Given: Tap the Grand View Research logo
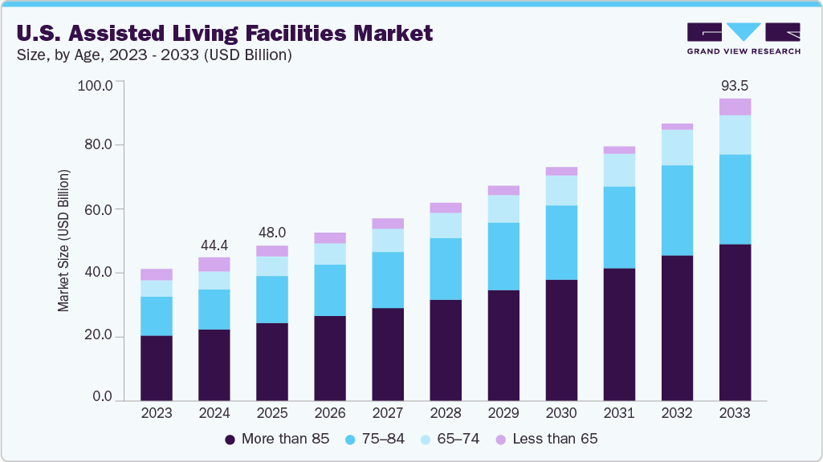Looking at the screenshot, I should click(x=744, y=38).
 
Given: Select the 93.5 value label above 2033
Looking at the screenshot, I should click(x=735, y=86).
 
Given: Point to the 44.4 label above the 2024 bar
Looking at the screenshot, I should click(x=214, y=244).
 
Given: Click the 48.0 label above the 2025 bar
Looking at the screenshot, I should click(x=272, y=233).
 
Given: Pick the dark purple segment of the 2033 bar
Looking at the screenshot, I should click(x=735, y=322).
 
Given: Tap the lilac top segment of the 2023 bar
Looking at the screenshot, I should click(x=157, y=274).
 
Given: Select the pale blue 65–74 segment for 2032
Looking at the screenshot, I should click(x=677, y=148).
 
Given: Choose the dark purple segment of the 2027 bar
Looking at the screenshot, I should click(x=388, y=354).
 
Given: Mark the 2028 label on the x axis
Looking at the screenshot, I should click(x=446, y=414).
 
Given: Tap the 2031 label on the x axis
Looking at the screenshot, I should click(x=619, y=414).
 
